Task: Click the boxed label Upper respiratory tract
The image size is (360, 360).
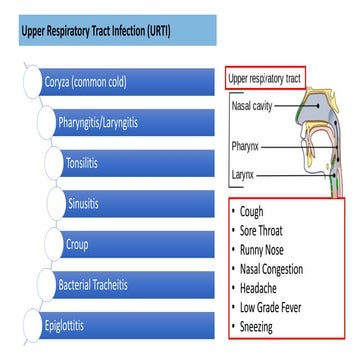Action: [264, 77]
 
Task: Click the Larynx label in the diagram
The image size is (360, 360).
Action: [244, 176]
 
